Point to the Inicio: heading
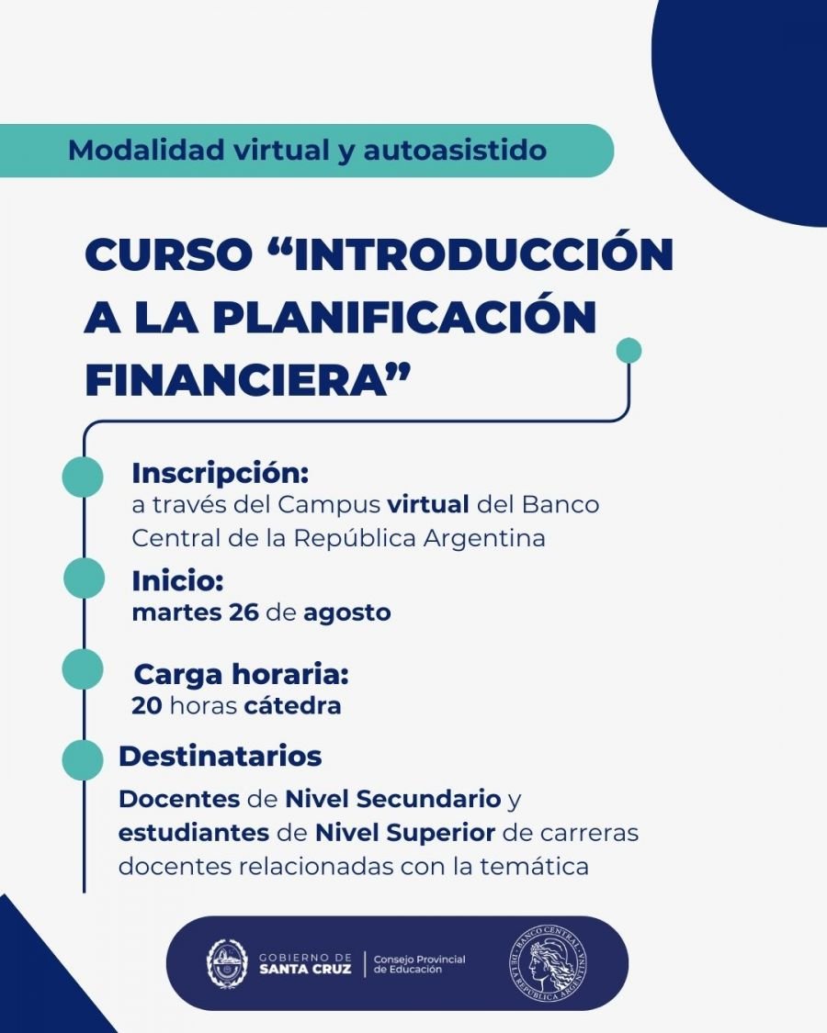(178, 581)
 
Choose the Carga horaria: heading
(242, 675)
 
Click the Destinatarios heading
(221, 756)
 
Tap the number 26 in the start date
(241, 612)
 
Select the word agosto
(346, 612)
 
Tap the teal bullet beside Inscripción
(83, 477)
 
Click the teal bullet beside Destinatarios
(83, 760)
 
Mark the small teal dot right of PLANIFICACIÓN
(629, 351)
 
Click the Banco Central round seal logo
(549, 963)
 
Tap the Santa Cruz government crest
(227, 963)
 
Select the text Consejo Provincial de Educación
(420, 964)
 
